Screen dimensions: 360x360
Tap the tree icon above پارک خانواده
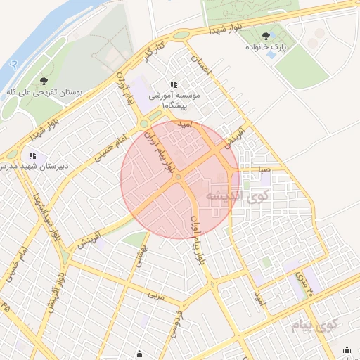266,36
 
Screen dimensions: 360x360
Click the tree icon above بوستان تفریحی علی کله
44,82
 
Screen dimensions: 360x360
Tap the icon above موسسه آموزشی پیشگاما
174,84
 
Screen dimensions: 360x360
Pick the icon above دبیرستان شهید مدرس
32,155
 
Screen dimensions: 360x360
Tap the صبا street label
263,169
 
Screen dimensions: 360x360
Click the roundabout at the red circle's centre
179,177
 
